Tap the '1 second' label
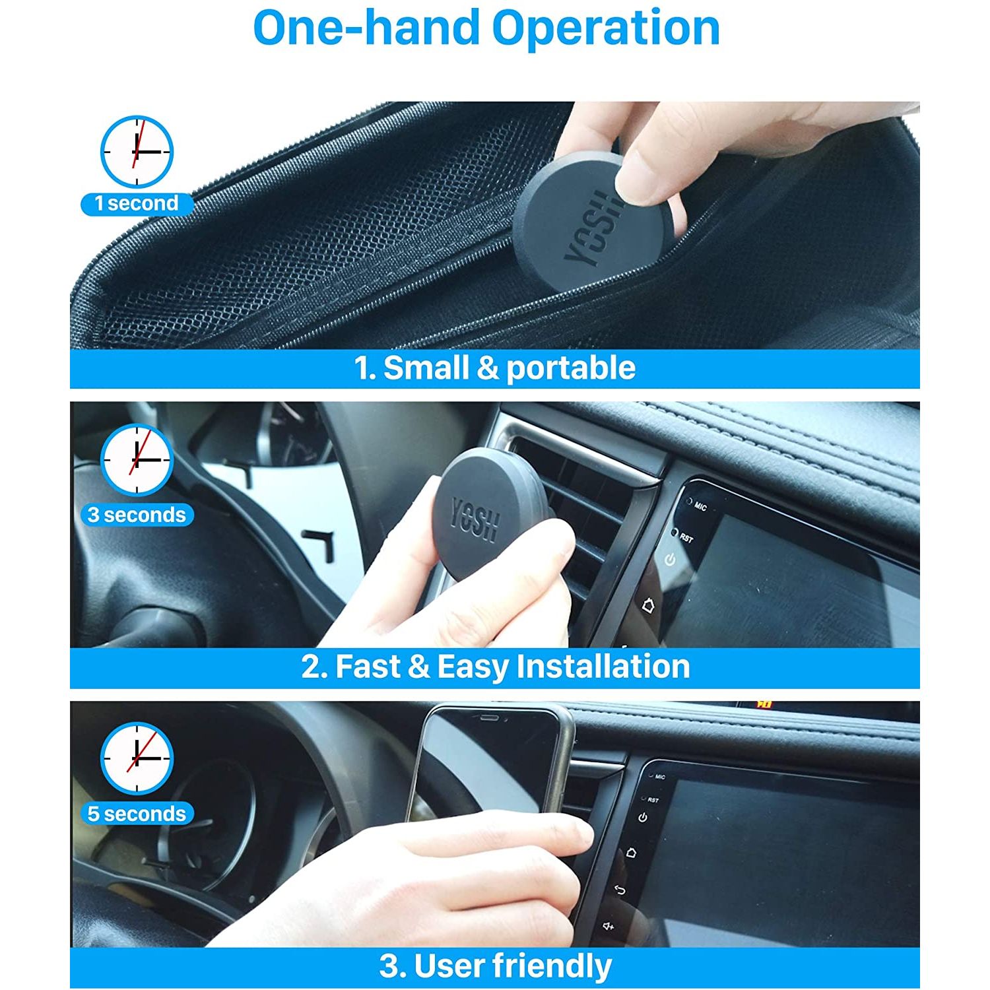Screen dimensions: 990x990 point(137,203)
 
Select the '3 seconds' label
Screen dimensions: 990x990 point(137,515)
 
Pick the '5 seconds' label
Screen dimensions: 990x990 point(137,814)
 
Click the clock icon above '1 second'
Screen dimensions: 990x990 point(137,152)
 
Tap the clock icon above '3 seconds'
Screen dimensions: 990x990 point(137,460)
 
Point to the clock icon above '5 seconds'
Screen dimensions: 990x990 point(137,758)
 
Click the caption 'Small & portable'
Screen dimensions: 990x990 point(510,368)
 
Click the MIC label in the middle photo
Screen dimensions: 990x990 point(700,507)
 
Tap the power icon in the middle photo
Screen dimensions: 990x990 point(670,560)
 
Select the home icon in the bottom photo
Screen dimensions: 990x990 point(630,852)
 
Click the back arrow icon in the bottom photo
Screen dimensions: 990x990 point(619,890)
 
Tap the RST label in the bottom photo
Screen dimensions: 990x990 point(653,800)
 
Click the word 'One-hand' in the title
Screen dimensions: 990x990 point(366,28)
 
